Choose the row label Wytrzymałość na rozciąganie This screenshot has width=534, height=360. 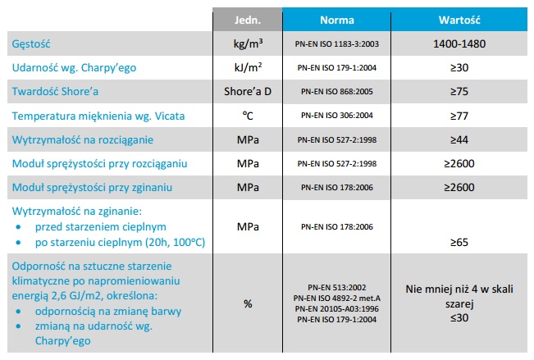[81, 140]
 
